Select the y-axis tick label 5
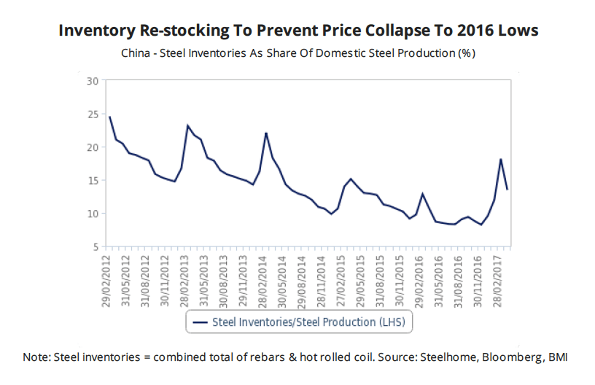[x=94, y=246]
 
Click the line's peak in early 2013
[x=187, y=125]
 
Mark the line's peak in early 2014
[x=266, y=133]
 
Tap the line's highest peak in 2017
[x=500, y=159]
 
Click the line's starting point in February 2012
[x=109, y=117]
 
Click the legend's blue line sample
[x=199, y=322]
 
